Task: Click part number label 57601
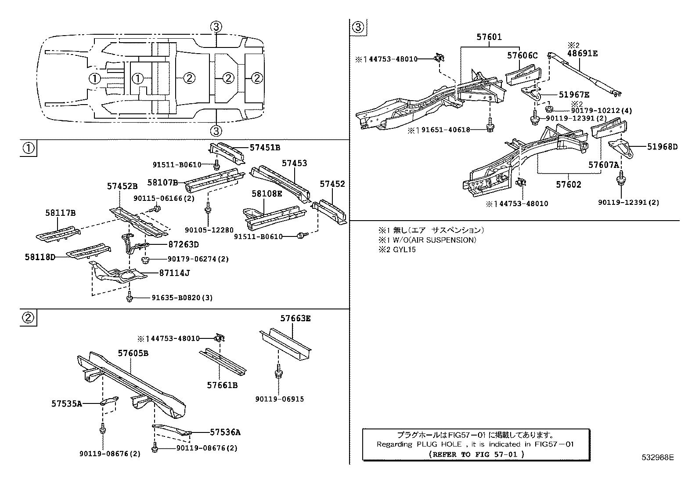(x=489, y=38)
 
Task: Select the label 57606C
(x=522, y=55)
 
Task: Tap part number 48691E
(x=582, y=54)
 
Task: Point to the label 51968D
(x=662, y=147)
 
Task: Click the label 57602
(x=569, y=185)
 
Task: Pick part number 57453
(x=294, y=163)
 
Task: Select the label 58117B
(x=60, y=213)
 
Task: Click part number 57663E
(x=295, y=319)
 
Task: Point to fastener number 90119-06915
(x=279, y=399)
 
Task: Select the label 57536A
(x=225, y=432)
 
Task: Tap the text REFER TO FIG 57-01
(x=476, y=454)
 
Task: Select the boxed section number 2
(x=29, y=318)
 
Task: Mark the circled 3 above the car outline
(x=216, y=27)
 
